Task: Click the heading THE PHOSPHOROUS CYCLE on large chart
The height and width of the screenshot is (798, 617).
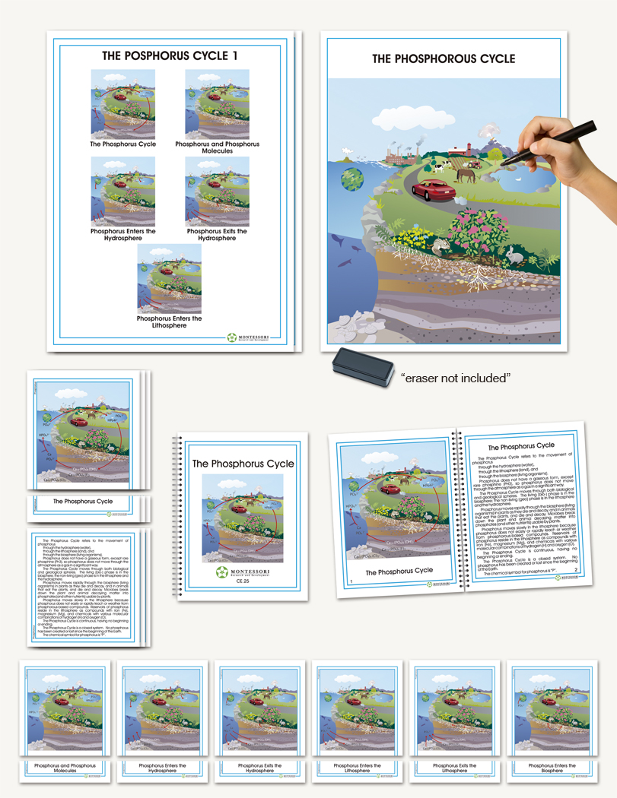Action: pyautogui.click(x=444, y=59)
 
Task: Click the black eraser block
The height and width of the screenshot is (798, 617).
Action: pyautogui.click(x=361, y=363)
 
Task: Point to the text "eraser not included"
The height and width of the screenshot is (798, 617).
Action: pyautogui.click(x=455, y=376)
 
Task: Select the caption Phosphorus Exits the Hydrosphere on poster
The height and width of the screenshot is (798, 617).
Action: pyautogui.click(x=218, y=235)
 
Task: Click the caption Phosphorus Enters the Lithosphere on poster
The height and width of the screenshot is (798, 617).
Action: pyautogui.click(x=170, y=322)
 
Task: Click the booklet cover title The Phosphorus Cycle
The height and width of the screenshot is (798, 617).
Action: pyautogui.click(x=243, y=464)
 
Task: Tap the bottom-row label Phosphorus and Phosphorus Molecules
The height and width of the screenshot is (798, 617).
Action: pyautogui.click(x=65, y=768)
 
